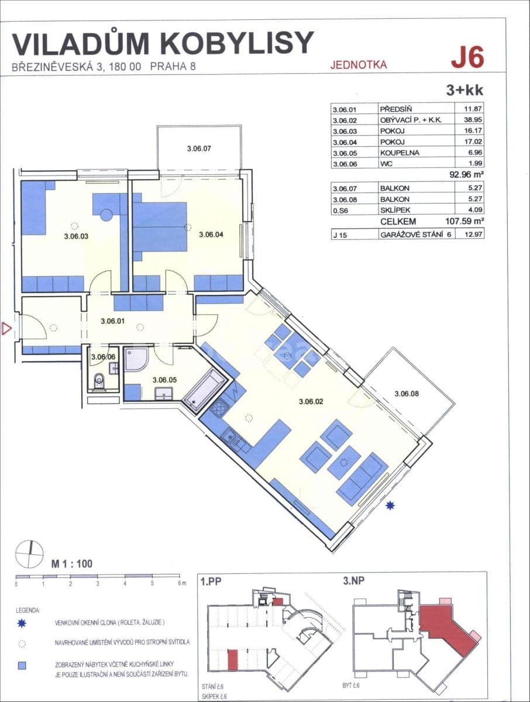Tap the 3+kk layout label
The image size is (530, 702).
click(466, 90)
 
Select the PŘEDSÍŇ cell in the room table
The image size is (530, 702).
click(396, 109)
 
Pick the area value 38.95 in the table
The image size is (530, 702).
click(471, 119)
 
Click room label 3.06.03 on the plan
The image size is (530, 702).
click(75, 237)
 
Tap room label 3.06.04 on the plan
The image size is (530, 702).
click(211, 235)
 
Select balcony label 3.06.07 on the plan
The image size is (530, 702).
click(198, 149)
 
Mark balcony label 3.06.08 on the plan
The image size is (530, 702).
click(407, 394)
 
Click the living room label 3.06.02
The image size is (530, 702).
click(311, 401)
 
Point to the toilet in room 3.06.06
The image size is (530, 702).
click(99, 381)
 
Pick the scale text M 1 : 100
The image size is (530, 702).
click(71, 565)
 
